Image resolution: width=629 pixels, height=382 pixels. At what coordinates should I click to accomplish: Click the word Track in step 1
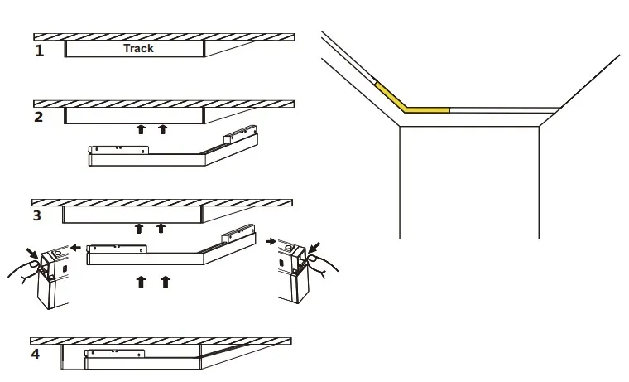[x=138, y=48]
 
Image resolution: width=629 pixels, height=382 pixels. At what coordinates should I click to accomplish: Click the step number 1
[x=40, y=51]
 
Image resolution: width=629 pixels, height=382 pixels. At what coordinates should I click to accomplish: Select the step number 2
[x=39, y=117]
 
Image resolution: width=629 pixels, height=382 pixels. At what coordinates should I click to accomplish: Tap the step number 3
[x=37, y=215]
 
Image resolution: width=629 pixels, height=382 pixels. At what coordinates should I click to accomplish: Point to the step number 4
[x=36, y=354]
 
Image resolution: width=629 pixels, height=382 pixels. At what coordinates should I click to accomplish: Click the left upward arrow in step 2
[x=141, y=129]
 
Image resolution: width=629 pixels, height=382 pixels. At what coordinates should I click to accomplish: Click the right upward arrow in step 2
[x=162, y=129]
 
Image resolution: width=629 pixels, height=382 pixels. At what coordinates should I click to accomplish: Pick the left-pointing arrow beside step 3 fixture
[x=76, y=248]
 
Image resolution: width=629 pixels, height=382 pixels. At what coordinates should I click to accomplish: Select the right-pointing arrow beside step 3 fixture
[x=271, y=241]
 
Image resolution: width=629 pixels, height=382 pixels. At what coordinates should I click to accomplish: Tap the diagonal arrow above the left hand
[x=32, y=253]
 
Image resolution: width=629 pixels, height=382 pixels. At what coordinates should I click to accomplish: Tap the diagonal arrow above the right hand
[x=314, y=247]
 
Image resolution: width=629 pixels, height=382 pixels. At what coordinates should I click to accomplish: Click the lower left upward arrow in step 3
[x=141, y=282]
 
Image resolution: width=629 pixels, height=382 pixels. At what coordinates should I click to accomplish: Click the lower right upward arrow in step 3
[x=166, y=282]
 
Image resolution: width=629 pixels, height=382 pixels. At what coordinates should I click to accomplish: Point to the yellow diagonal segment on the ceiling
[x=391, y=97]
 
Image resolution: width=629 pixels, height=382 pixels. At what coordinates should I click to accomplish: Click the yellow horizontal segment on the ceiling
[x=427, y=109]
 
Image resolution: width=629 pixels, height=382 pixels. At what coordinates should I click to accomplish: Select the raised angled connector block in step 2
[x=240, y=134]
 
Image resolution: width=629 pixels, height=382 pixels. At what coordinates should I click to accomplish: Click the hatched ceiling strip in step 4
[x=161, y=341]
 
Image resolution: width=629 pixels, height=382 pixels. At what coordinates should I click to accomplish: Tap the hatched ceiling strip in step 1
[x=164, y=37]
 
